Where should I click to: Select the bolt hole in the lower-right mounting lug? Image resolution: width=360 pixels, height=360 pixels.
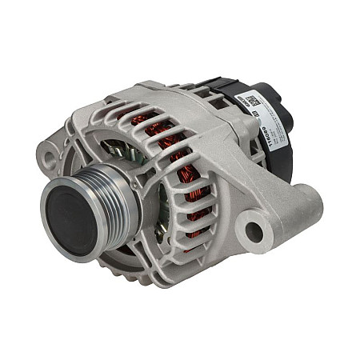pyautogui.click(x=254, y=232)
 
